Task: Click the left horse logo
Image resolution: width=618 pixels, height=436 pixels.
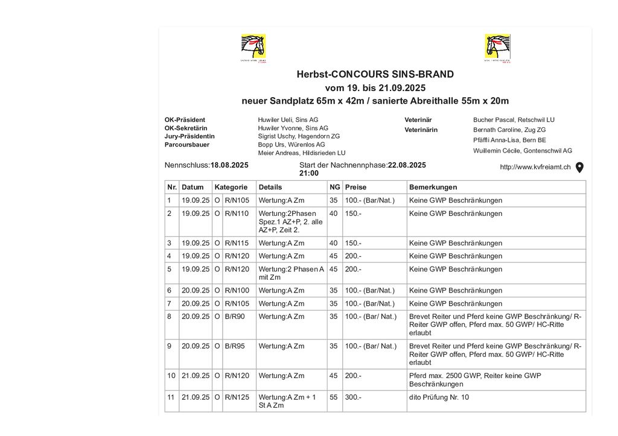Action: (x=253, y=48)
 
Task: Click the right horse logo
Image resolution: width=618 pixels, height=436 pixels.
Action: (x=497, y=48)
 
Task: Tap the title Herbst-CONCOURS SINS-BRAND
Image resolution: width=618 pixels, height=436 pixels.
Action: (x=375, y=75)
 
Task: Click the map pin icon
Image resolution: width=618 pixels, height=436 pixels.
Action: (x=579, y=167)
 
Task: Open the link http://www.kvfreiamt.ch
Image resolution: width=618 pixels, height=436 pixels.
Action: (x=535, y=167)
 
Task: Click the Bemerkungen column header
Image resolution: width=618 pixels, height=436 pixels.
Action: (x=433, y=187)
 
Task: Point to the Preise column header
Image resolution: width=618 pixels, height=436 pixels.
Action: (x=355, y=187)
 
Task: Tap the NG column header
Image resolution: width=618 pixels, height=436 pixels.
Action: (x=334, y=187)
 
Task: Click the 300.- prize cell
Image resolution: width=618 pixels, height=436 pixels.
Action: (x=353, y=397)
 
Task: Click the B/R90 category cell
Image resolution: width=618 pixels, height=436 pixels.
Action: (x=234, y=316)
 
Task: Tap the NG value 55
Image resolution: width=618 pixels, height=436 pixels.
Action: (x=333, y=397)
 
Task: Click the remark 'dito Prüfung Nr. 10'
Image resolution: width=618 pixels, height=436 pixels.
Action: (x=439, y=397)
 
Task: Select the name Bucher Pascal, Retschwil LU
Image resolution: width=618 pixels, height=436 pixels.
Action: (x=514, y=119)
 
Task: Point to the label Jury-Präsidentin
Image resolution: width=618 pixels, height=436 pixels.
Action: (x=190, y=136)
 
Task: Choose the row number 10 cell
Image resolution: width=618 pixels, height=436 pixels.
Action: (x=171, y=375)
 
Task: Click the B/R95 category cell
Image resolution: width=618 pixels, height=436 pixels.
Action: (x=234, y=346)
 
